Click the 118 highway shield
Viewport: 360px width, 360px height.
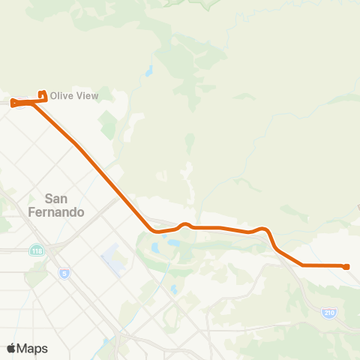pyautogui.click(x=36, y=250)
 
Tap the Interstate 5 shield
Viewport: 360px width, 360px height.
pyautogui.click(x=64, y=273)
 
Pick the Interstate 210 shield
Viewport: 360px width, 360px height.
pyautogui.click(x=328, y=312)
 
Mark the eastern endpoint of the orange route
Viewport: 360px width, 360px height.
pyautogui.click(x=346, y=266)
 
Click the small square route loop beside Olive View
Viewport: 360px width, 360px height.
pyautogui.click(x=43, y=96)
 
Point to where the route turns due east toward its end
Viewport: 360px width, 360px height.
pyautogui.click(x=302, y=265)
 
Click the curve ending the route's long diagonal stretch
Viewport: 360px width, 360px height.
pyautogui.click(x=154, y=230)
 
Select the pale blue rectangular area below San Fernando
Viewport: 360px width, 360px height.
pyautogui.click(x=112, y=259)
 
